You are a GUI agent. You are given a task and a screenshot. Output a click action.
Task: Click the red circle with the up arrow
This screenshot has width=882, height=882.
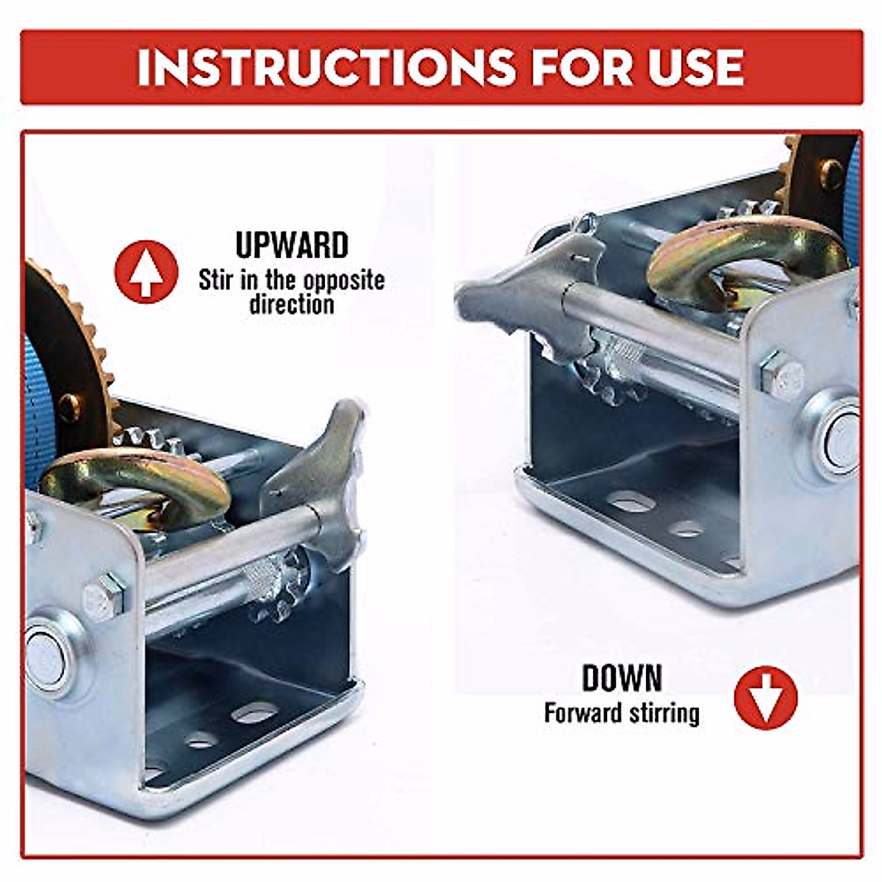(x=146, y=272)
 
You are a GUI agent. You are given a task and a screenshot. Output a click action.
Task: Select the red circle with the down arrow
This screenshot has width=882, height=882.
(x=766, y=698)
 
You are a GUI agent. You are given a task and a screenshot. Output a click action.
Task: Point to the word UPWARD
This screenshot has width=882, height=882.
(x=292, y=245)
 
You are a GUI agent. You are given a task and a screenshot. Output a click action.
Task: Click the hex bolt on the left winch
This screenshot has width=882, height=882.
(x=104, y=597)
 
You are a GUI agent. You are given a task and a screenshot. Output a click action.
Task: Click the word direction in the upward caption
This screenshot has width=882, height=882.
(x=292, y=304)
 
